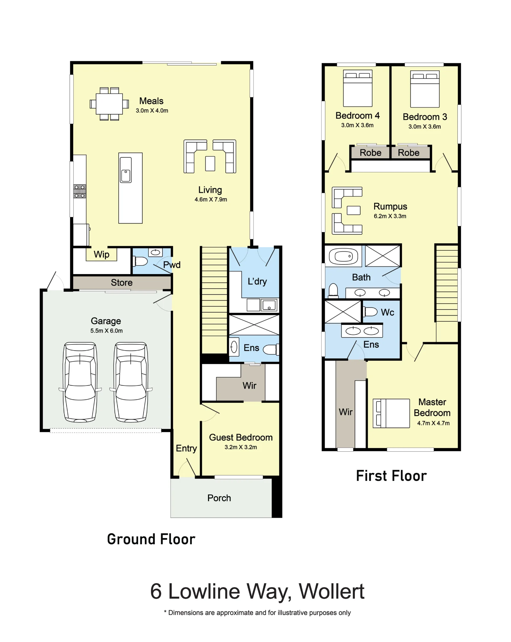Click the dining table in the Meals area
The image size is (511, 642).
(x=109, y=104)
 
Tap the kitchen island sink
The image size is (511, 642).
(x=126, y=170)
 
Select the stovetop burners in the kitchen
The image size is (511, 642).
(x=80, y=191)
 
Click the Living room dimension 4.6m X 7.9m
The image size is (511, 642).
(x=211, y=199)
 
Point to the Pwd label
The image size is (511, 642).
(x=172, y=265)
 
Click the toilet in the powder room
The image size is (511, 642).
(x=140, y=261)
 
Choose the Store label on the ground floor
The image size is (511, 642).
(x=121, y=282)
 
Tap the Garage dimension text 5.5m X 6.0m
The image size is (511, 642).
(x=106, y=331)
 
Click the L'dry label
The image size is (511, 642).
(x=257, y=282)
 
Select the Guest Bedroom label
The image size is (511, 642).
(x=241, y=437)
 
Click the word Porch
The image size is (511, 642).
(x=219, y=498)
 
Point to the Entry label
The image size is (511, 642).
(x=186, y=448)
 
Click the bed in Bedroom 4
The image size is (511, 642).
(x=358, y=88)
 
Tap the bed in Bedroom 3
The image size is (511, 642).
(x=425, y=89)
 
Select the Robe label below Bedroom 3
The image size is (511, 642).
(x=408, y=152)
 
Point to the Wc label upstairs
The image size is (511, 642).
(x=388, y=312)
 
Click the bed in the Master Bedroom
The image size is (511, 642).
(x=391, y=413)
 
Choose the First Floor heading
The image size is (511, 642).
(x=391, y=476)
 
